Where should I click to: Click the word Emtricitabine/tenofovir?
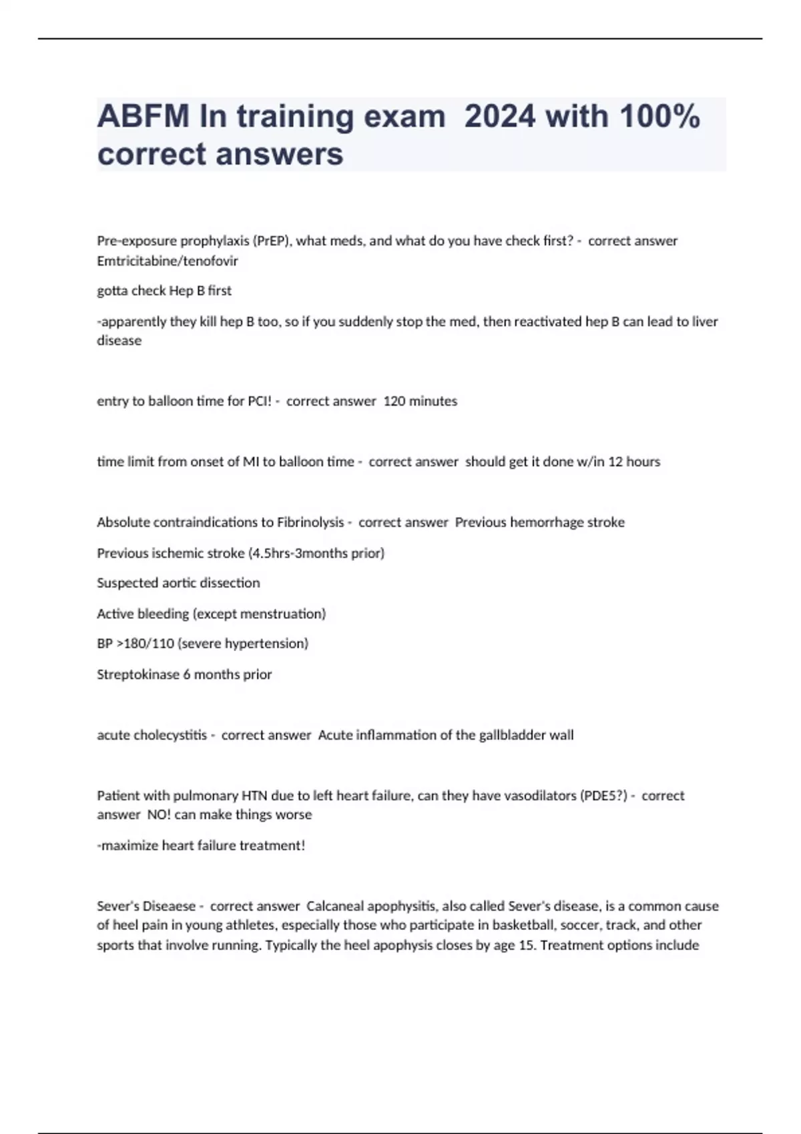[x=168, y=261]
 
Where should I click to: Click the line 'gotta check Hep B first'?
[x=164, y=291]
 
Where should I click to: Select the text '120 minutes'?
[x=421, y=402]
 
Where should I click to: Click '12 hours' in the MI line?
[x=634, y=462]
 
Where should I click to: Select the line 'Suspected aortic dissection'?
[x=178, y=583]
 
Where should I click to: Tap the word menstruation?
[x=280, y=614]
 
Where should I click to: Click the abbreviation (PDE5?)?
[x=603, y=796]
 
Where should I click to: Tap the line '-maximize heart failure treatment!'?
[x=201, y=845]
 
